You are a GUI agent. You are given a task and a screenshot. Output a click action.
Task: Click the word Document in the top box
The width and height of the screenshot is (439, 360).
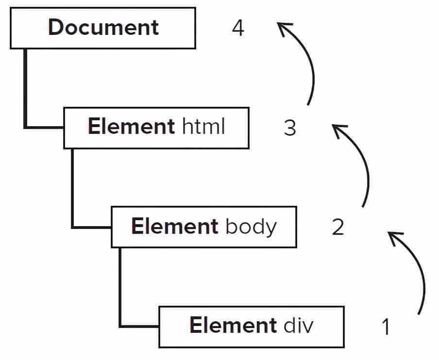click(x=103, y=27)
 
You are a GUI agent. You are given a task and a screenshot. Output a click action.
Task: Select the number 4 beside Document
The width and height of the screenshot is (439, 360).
click(x=238, y=28)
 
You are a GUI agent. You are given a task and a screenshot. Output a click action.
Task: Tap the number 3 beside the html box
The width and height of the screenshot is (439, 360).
click(x=290, y=128)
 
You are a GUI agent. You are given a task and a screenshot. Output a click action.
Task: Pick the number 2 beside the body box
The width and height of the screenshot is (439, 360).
click(x=338, y=227)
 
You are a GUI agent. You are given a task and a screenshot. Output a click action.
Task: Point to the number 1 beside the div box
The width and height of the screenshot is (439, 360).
click(x=386, y=327)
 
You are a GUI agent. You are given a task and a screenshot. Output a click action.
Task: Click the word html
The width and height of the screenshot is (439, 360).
click(x=203, y=126)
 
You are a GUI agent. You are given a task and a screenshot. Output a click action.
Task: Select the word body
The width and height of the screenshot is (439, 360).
click(x=251, y=227)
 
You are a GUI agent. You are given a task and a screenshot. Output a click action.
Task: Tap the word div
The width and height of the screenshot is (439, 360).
click(x=299, y=325)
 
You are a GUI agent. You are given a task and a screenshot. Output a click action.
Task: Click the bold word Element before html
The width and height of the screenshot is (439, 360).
click(x=131, y=126)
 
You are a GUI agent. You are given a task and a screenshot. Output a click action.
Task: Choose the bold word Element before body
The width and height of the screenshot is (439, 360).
click(x=175, y=226)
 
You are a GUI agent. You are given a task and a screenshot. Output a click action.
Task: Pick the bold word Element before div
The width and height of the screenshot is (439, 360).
click(x=233, y=325)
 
